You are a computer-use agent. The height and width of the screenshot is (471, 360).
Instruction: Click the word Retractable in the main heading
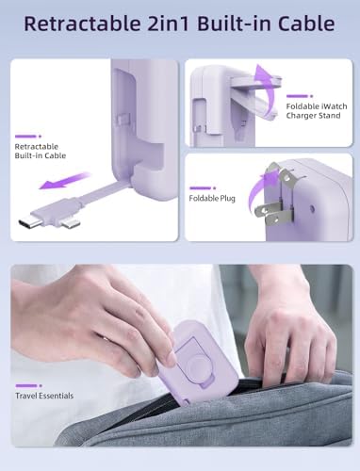(82, 24)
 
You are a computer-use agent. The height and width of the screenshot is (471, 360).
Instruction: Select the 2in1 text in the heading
(170, 24)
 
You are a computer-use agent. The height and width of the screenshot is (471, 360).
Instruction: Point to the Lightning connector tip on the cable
(71, 223)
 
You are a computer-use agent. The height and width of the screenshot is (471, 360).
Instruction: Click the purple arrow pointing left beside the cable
(65, 181)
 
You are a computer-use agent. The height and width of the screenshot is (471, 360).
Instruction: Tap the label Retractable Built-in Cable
(41, 151)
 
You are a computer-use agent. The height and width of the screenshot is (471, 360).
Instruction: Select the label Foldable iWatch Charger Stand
(317, 111)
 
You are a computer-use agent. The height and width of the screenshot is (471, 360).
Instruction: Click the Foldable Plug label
(212, 198)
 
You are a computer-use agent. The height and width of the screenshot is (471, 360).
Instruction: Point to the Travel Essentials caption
(44, 396)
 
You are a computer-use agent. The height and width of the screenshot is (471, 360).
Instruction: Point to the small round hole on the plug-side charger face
(312, 208)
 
